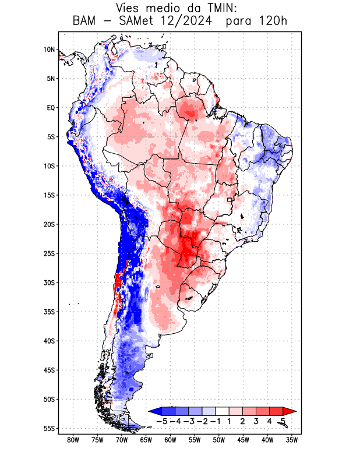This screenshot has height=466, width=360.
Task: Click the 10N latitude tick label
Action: click(x=49, y=50)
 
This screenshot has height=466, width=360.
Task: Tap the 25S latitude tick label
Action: click(x=49, y=253)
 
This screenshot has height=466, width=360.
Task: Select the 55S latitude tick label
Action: click(x=49, y=428)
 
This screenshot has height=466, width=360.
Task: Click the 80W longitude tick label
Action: click(x=73, y=440)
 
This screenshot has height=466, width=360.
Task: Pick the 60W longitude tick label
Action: click(x=170, y=440)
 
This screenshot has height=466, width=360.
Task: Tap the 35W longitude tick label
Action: click(x=292, y=440)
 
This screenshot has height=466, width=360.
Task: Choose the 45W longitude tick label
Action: click(x=243, y=440)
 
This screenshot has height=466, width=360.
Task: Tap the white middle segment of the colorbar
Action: click(x=222, y=411)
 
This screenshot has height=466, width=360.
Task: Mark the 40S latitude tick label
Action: click(x=49, y=341)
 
